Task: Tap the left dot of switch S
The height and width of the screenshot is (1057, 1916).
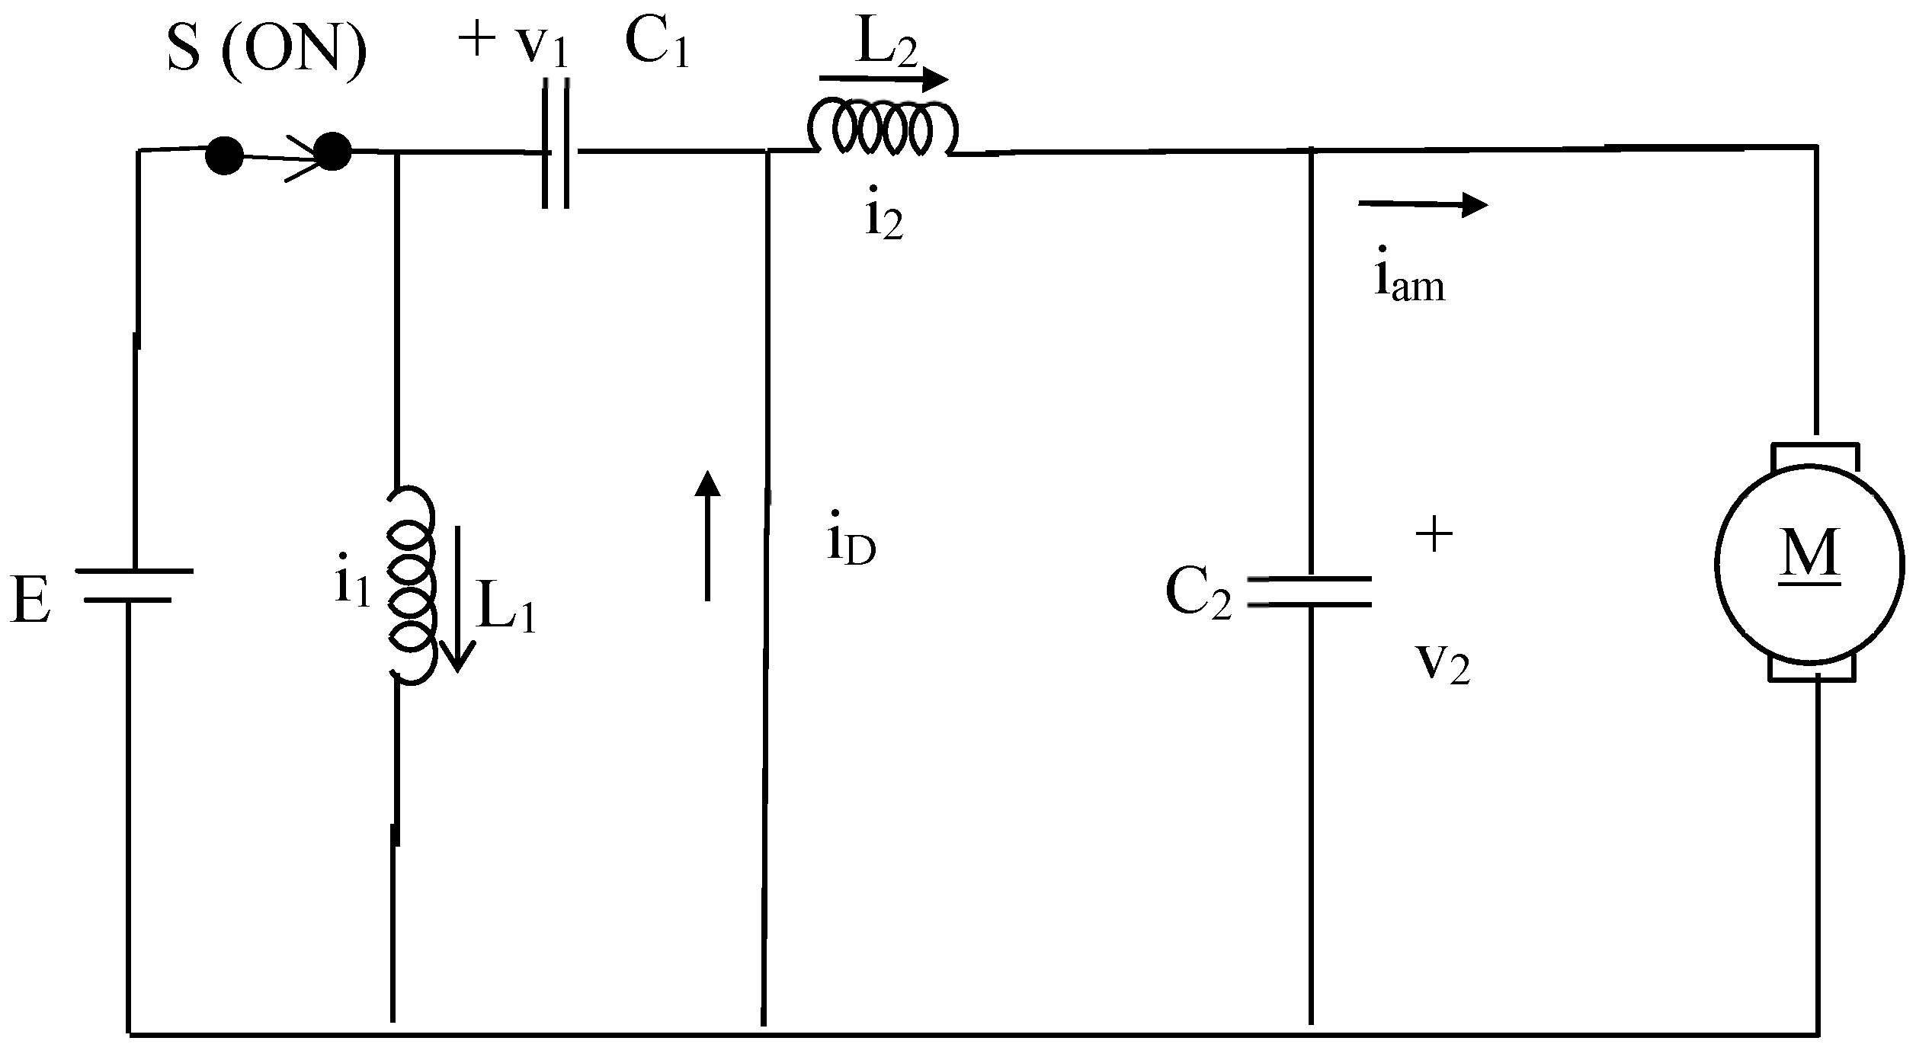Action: [x=224, y=156]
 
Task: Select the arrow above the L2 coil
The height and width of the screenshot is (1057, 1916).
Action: [x=884, y=78]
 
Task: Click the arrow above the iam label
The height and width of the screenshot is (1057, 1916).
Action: [x=1422, y=204]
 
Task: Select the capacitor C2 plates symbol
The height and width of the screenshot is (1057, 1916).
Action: [x=1309, y=592]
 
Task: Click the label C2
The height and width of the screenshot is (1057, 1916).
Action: [x=1198, y=594]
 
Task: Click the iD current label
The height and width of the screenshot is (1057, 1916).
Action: [x=851, y=545]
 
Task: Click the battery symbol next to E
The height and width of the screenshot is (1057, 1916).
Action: [x=133, y=585]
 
